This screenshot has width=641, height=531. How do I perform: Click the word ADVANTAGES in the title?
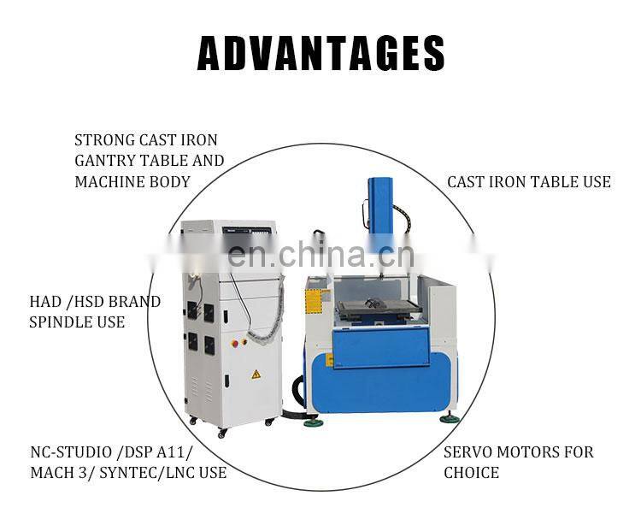coord(320,53)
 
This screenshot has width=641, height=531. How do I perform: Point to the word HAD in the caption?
coord(44,302)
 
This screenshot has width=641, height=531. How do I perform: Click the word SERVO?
coord(467,452)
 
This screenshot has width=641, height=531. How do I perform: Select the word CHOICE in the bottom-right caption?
coord(471,473)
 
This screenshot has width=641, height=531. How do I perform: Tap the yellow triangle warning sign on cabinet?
coord(256,374)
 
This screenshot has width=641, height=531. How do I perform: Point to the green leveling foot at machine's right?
coord(449,418)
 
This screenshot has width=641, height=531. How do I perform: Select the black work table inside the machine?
coord(380,311)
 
